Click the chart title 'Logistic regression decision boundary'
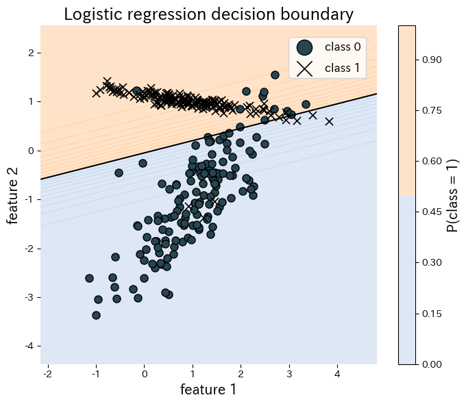[208, 14]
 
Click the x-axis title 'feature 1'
[208, 390]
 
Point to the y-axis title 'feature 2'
[13, 195]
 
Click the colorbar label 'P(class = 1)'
[452, 195]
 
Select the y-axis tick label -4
[29, 346]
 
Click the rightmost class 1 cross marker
[329, 121]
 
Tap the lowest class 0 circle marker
[96, 315]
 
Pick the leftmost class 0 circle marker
[89, 278]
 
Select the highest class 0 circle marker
[275, 75]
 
